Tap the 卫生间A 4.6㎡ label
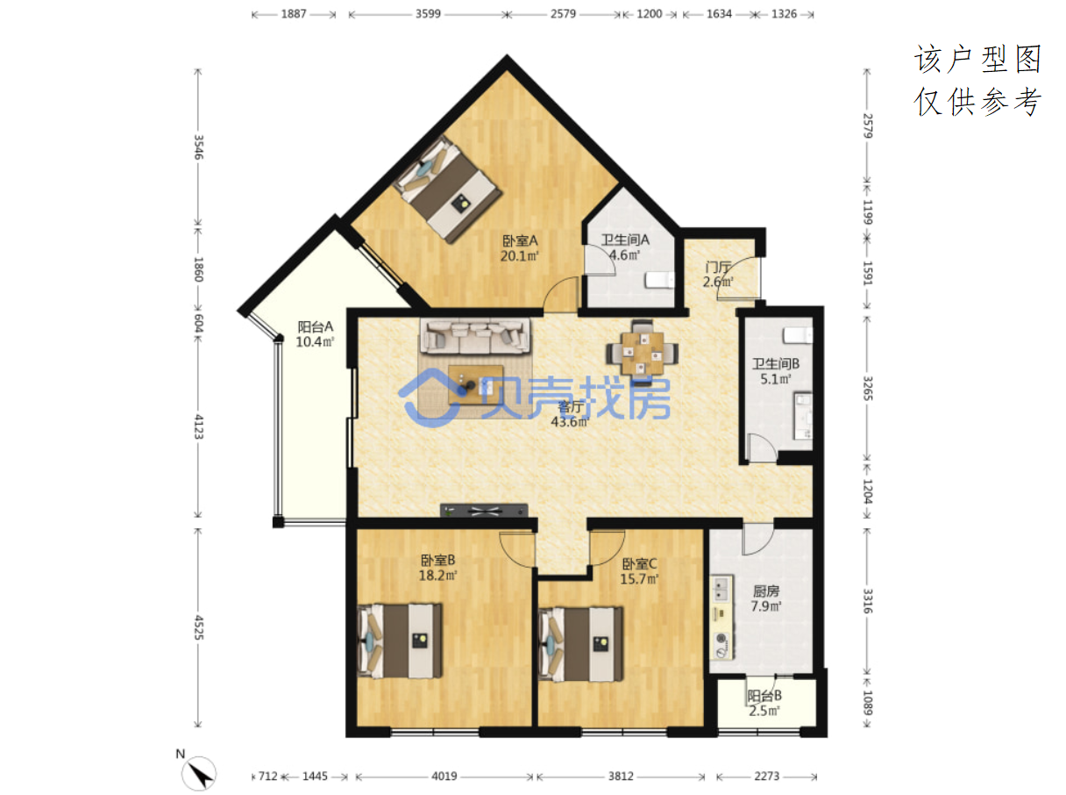click(625, 247)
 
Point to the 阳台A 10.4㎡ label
click(315, 334)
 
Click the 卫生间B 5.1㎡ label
click(775, 371)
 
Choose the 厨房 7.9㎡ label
click(766, 598)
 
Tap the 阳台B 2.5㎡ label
click(764, 703)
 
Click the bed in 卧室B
click(400, 641)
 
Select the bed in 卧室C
click(580, 644)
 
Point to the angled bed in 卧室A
click(448, 189)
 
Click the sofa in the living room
click(476, 336)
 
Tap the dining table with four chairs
click(642, 354)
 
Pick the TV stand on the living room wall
click(484, 510)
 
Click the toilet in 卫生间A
click(659, 280)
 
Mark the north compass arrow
click(198, 774)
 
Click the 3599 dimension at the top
click(428, 14)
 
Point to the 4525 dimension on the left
click(198, 627)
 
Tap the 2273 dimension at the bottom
click(766, 777)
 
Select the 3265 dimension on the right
click(868, 389)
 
